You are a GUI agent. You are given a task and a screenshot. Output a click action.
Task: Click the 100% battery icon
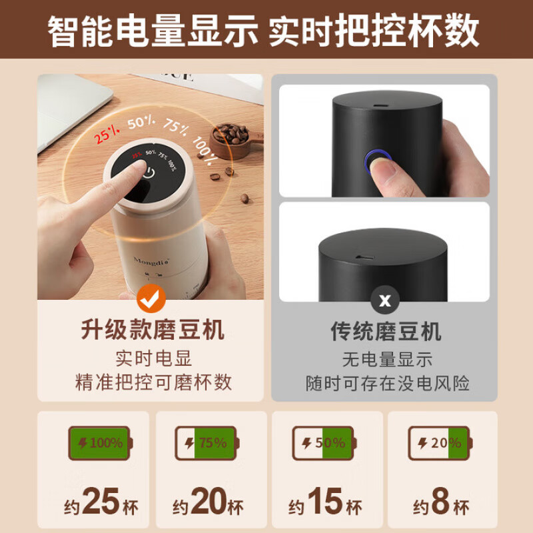[100, 443]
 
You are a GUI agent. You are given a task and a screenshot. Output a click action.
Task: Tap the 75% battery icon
[207, 443]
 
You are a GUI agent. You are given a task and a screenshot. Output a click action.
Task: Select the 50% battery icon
[324, 443]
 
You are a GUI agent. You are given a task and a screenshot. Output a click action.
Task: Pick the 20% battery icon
[440, 443]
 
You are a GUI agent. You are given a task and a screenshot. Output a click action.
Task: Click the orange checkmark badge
[151, 299]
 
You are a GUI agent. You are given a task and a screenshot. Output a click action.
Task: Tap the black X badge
[385, 300]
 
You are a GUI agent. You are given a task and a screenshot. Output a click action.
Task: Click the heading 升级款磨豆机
[153, 330]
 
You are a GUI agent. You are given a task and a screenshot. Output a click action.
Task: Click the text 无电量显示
[387, 360]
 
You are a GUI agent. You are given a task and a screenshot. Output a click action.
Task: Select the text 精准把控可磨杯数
[153, 382]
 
